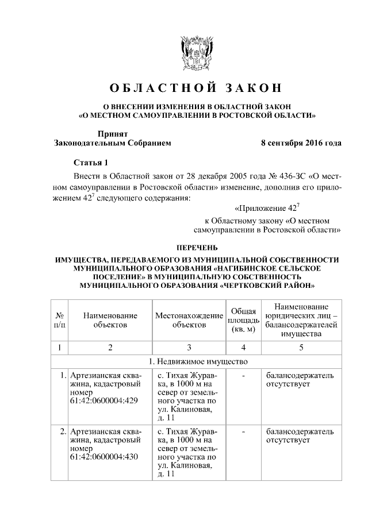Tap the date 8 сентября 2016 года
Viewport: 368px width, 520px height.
click(x=301, y=142)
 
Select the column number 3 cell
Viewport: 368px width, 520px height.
click(x=189, y=347)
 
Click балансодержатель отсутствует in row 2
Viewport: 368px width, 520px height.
click(x=299, y=435)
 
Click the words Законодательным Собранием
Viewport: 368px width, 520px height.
click(x=112, y=142)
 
